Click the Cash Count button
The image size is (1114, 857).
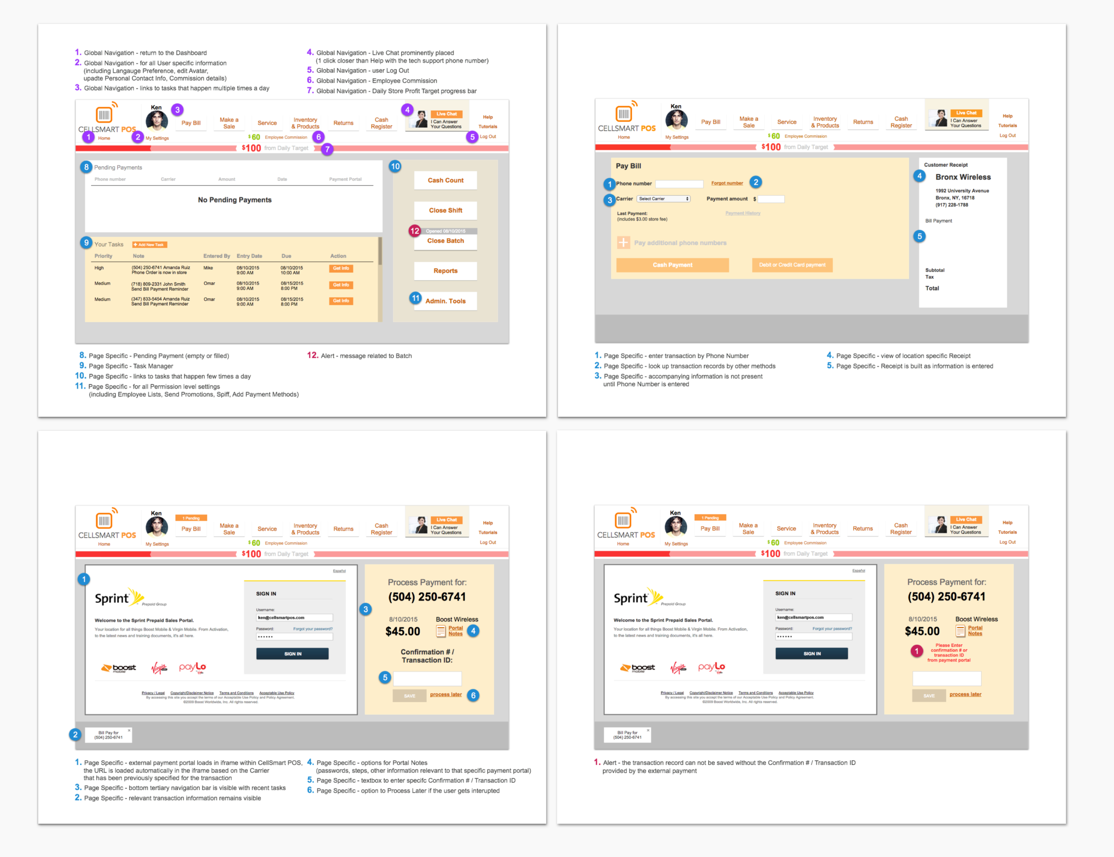[445, 180]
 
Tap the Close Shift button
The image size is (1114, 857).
[445, 210]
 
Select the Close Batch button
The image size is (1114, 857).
[445, 241]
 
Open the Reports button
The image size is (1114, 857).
[445, 271]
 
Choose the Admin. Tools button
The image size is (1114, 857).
[445, 301]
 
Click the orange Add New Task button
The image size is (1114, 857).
[149, 245]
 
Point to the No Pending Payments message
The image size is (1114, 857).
[234, 200]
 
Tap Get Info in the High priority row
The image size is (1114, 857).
[340, 268]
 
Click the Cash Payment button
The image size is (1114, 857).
[672, 265]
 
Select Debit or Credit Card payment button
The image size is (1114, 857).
[792, 265]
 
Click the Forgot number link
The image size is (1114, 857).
[726, 183]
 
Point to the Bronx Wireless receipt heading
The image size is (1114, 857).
[962, 177]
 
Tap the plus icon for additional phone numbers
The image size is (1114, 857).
[623, 243]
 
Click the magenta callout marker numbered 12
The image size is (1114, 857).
[415, 231]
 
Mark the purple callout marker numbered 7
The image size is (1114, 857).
[327, 149]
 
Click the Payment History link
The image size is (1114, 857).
[742, 213]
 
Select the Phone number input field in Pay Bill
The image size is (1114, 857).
[679, 184]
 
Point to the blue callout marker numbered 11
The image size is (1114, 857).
[415, 298]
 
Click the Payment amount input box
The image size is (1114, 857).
[771, 199]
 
